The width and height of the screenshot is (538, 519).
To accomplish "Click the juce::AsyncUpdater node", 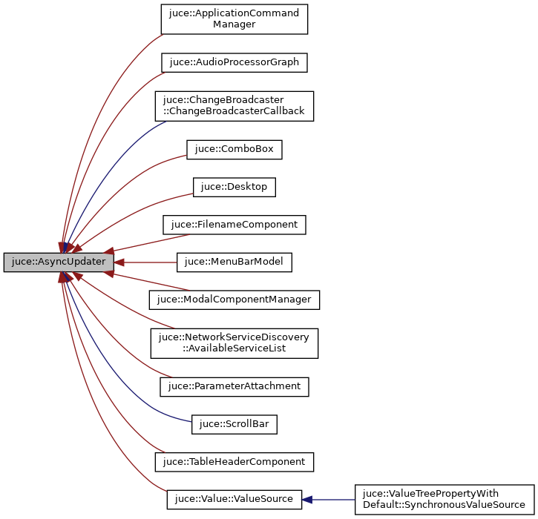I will pyautogui.click(x=59, y=262).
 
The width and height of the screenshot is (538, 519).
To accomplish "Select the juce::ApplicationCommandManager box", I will pyautogui.click(x=234, y=19).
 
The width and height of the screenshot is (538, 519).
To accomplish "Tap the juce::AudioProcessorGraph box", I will pyautogui.click(x=234, y=62).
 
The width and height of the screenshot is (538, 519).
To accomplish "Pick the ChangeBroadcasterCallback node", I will pyautogui.click(x=234, y=106).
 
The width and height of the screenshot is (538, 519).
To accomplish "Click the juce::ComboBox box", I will pyautogui.click(x=234, y=149).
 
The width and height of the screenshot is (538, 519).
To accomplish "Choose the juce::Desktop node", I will pyautogui.click(x=234, y=187).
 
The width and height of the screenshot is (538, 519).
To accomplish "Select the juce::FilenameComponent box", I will pyautogui.click(x=234, y=224).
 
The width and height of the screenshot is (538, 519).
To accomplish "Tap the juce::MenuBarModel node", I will pyautogui.click(x=234, y=262).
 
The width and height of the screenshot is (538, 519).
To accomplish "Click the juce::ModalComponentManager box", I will pyautogui.click(x=234, y=300).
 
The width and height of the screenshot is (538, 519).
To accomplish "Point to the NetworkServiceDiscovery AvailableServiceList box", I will pyautogui.click(x=234, y=343).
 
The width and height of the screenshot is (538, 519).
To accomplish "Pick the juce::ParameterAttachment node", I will pyautogui.click(x=234, y=386).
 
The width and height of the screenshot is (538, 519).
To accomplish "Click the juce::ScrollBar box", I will pyautogui.click(x=234, y=424).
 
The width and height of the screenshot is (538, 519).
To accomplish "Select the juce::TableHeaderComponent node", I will pyautogui.click(x=234, y=461).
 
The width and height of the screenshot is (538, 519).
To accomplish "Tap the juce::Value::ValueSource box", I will pyautogui.click(x=234, y=499).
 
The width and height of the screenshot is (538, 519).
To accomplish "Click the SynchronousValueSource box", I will pyautogui.click(x=444, y=499).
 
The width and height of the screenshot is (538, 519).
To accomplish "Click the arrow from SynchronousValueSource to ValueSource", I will pyautogui.click(x=330, y=499).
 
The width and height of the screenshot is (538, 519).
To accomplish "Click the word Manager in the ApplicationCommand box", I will pyautogui.click(x=234, y=24).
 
